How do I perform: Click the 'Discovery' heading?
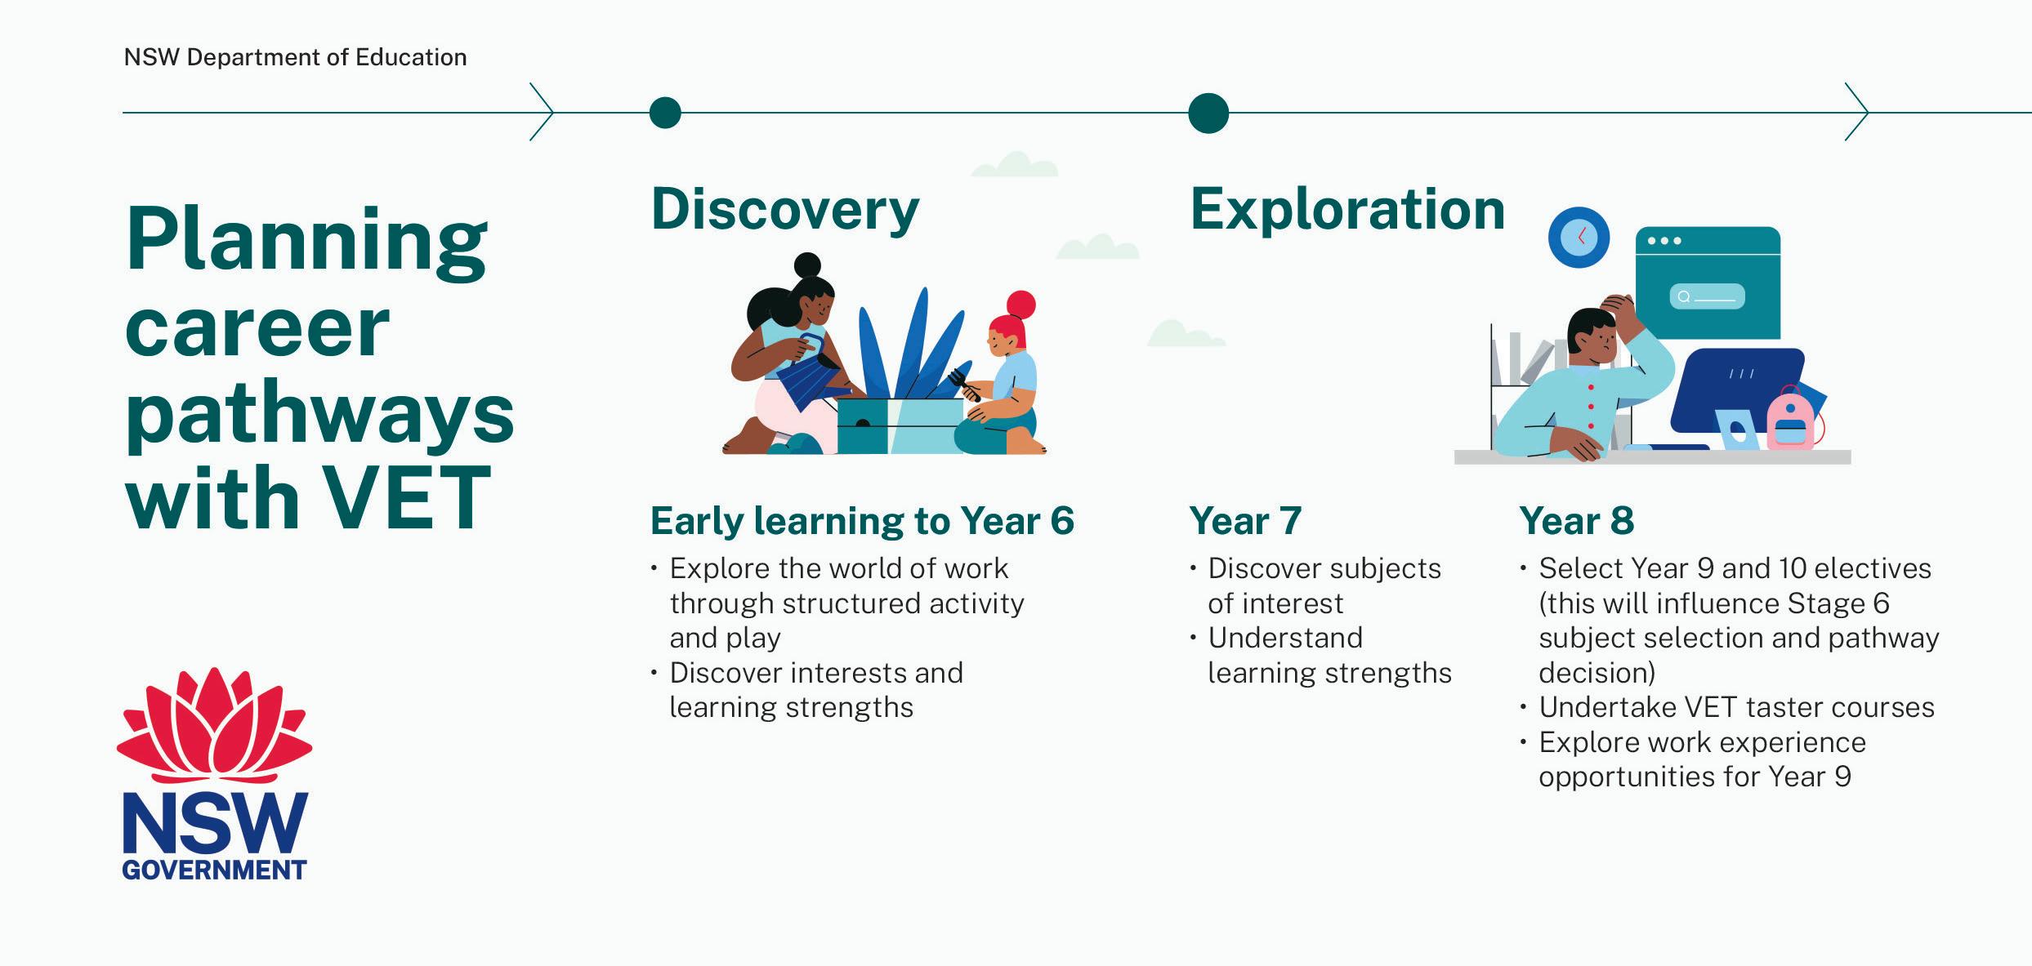[785, 211]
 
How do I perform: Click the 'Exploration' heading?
[1347, 209]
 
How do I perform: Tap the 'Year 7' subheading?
[1245, 521]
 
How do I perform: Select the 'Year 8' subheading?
[1576, 521]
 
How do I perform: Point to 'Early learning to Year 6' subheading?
[862, 522]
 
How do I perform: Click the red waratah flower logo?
[214, 725]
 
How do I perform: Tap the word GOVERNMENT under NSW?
[214, 870]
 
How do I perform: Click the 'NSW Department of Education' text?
[295, 57]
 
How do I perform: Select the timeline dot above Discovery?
[665, 113]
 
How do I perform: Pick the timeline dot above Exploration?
[1208, 113]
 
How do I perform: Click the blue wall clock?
[1579, 237]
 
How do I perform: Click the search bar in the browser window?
[1707, 296]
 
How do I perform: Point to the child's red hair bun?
[1020, 305]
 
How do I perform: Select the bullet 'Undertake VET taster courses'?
[1736, 707]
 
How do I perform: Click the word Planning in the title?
[306, 242]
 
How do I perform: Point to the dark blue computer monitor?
[1736, 390]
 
